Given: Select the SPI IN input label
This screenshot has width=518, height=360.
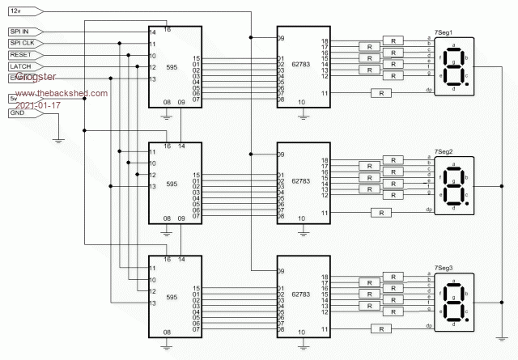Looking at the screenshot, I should coord(20,32).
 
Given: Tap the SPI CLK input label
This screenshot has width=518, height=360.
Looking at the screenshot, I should coord(22,43).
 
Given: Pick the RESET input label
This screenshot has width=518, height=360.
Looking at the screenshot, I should coord(19,54).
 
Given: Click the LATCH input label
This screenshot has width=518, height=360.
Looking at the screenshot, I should coord(19,66).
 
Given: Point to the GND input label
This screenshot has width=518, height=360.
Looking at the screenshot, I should coord(17,113).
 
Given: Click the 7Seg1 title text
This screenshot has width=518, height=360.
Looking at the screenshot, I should coord(444,33).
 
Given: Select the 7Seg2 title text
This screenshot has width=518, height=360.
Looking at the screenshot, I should coord(444,152).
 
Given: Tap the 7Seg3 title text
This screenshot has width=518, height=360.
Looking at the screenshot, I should coord(444,268).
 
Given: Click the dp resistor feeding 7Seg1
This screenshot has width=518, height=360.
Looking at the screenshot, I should coord(381,94).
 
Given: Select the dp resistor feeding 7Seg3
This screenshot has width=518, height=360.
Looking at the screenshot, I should coord(381,328).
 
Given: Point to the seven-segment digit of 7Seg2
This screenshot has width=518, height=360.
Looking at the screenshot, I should coord(454,185).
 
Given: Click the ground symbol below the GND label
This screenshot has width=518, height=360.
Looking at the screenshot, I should coord(58,142).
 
